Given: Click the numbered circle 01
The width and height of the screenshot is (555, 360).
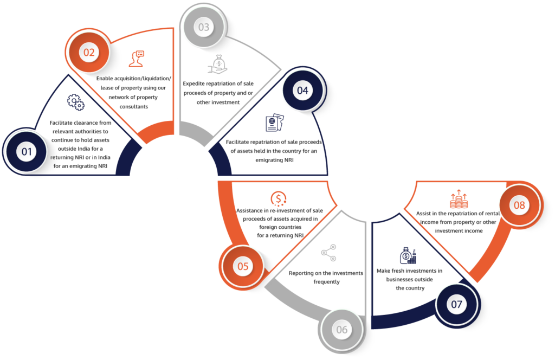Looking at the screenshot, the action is point(27,151).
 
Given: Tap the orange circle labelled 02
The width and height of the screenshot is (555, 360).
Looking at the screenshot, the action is point(89,53).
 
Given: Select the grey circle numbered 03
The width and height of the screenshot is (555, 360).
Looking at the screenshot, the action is point(204,27).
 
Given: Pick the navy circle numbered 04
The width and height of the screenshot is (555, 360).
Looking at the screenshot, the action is point(302,90).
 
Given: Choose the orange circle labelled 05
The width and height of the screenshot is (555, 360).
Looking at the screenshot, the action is point(243,266).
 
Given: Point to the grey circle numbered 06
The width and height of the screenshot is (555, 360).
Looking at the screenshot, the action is point(341,330).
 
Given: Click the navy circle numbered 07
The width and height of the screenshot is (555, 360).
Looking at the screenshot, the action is point(456,304).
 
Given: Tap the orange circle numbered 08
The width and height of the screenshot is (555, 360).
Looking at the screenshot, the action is point(519,205).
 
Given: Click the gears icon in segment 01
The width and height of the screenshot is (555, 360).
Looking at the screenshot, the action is point(76,102).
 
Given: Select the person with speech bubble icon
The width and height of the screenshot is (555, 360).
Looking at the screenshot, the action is point(137,59).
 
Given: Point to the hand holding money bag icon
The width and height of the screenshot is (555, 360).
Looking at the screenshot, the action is point(217,64).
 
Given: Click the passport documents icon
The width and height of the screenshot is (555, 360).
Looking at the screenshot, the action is point(275,123).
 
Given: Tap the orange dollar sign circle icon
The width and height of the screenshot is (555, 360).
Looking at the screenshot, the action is point(279,199).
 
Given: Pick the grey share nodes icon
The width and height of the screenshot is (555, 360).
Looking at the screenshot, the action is point(329,253).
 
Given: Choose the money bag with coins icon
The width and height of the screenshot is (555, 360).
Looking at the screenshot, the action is point(408,255).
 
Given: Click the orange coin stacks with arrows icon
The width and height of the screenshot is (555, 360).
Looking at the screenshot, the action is point(459,199).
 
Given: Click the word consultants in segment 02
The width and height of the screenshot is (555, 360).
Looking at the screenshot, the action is point(134,107).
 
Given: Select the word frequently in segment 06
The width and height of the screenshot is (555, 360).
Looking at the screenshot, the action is point(326,282).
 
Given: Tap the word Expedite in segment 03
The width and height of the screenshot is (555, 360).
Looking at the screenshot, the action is point(194,84).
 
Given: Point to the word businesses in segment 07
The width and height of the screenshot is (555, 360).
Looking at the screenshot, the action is point(399,279).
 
